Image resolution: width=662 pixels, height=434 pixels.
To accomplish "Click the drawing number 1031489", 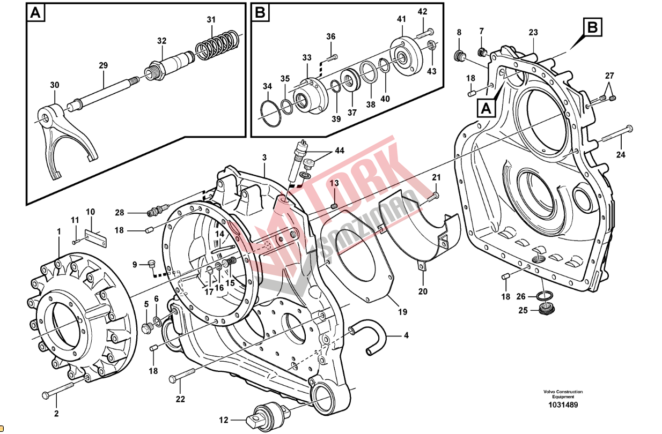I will (563, 405).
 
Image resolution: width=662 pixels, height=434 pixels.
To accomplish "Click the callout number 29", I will (103, 65).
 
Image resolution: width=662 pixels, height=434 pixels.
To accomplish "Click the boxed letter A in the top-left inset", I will (35, 13).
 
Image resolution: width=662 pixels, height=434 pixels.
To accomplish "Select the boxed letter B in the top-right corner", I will (592, 27).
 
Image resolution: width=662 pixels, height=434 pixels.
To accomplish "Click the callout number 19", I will (402, 311).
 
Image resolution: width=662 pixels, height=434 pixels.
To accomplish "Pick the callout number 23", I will (532, 33).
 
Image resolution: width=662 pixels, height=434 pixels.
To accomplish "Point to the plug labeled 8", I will (459, 55).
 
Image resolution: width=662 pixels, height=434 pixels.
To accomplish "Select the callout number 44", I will (339, 151).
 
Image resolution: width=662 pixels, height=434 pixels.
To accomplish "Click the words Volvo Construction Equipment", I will (563, 394).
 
